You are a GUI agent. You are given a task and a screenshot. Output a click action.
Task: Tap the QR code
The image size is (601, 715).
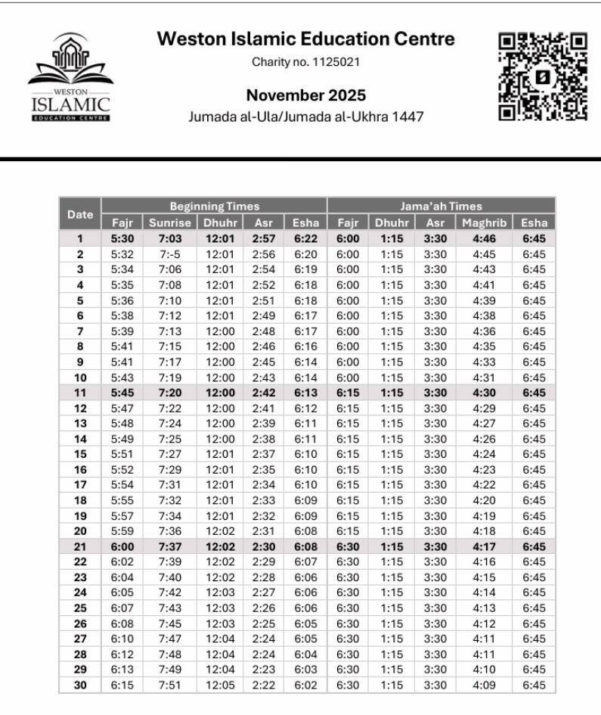coord(543,76)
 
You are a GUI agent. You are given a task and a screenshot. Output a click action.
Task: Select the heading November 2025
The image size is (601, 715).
coord(306,95)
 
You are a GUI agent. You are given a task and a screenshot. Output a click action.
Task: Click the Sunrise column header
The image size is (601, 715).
coord(169,223)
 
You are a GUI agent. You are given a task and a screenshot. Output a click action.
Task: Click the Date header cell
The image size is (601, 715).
coord(80,215)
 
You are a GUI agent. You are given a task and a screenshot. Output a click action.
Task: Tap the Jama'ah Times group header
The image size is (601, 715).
coord(441,206)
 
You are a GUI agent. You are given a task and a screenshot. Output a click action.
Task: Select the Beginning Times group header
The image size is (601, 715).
coord(214,206)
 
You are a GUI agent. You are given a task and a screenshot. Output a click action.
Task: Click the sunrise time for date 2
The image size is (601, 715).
coord(169,254)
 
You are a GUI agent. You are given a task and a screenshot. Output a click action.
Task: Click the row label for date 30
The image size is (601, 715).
coord(80,685)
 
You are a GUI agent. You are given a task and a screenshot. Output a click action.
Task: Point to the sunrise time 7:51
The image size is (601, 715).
coord(169,685)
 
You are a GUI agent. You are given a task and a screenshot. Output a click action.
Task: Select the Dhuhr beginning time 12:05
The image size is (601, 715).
coord(219,685)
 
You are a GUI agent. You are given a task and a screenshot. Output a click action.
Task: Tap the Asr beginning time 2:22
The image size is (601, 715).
coord(262,685)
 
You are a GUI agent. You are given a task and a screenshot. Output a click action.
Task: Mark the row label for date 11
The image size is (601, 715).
coord(80,393)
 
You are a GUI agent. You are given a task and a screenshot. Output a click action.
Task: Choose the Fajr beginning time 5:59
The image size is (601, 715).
coord(122,531)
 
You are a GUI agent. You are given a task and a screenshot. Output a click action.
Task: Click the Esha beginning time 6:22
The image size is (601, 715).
coord(305,238)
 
